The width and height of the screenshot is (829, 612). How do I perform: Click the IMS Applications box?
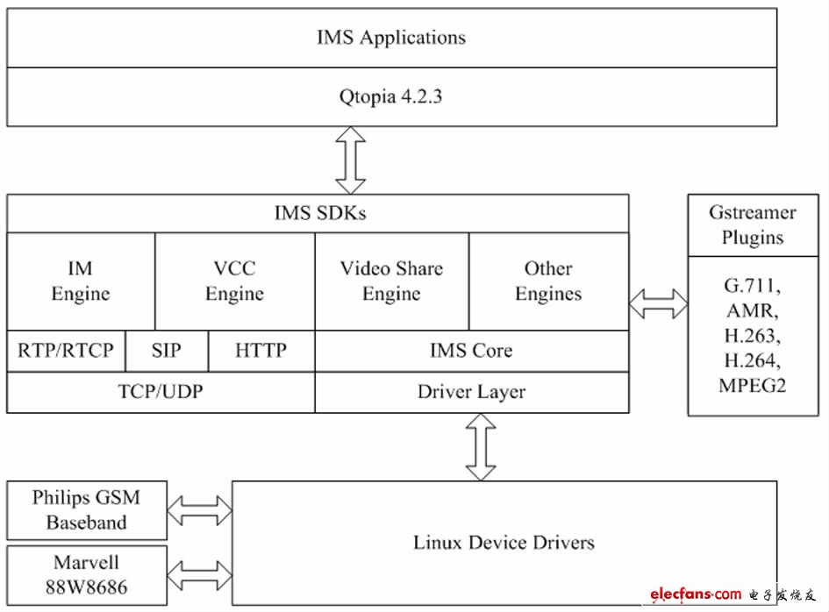(391, 38)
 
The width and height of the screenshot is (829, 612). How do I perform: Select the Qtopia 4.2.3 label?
(391, 96)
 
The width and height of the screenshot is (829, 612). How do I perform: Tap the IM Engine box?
(80, 281)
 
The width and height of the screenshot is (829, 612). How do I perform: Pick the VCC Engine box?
(234, 281)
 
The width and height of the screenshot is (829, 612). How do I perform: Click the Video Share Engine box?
(391, 281)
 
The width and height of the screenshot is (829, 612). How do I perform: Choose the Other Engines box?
(548, 281)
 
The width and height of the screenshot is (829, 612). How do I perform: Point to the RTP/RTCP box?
(66, 351)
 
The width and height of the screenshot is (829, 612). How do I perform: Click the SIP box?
(166, 351)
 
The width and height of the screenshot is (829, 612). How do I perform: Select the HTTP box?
(261, 351)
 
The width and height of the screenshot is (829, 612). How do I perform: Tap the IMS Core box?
(471, 351)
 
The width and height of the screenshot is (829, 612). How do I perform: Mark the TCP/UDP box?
(161, 392)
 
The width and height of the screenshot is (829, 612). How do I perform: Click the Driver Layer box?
(471, 392)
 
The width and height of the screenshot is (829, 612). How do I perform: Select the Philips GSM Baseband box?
(86, 510)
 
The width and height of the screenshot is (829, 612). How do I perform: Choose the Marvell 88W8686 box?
(86, 574)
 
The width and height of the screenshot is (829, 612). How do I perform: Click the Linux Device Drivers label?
(504, 543)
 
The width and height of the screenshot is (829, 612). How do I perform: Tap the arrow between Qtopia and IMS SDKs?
(351, 160)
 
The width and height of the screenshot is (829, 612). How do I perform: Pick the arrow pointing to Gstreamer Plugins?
(658, 304)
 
